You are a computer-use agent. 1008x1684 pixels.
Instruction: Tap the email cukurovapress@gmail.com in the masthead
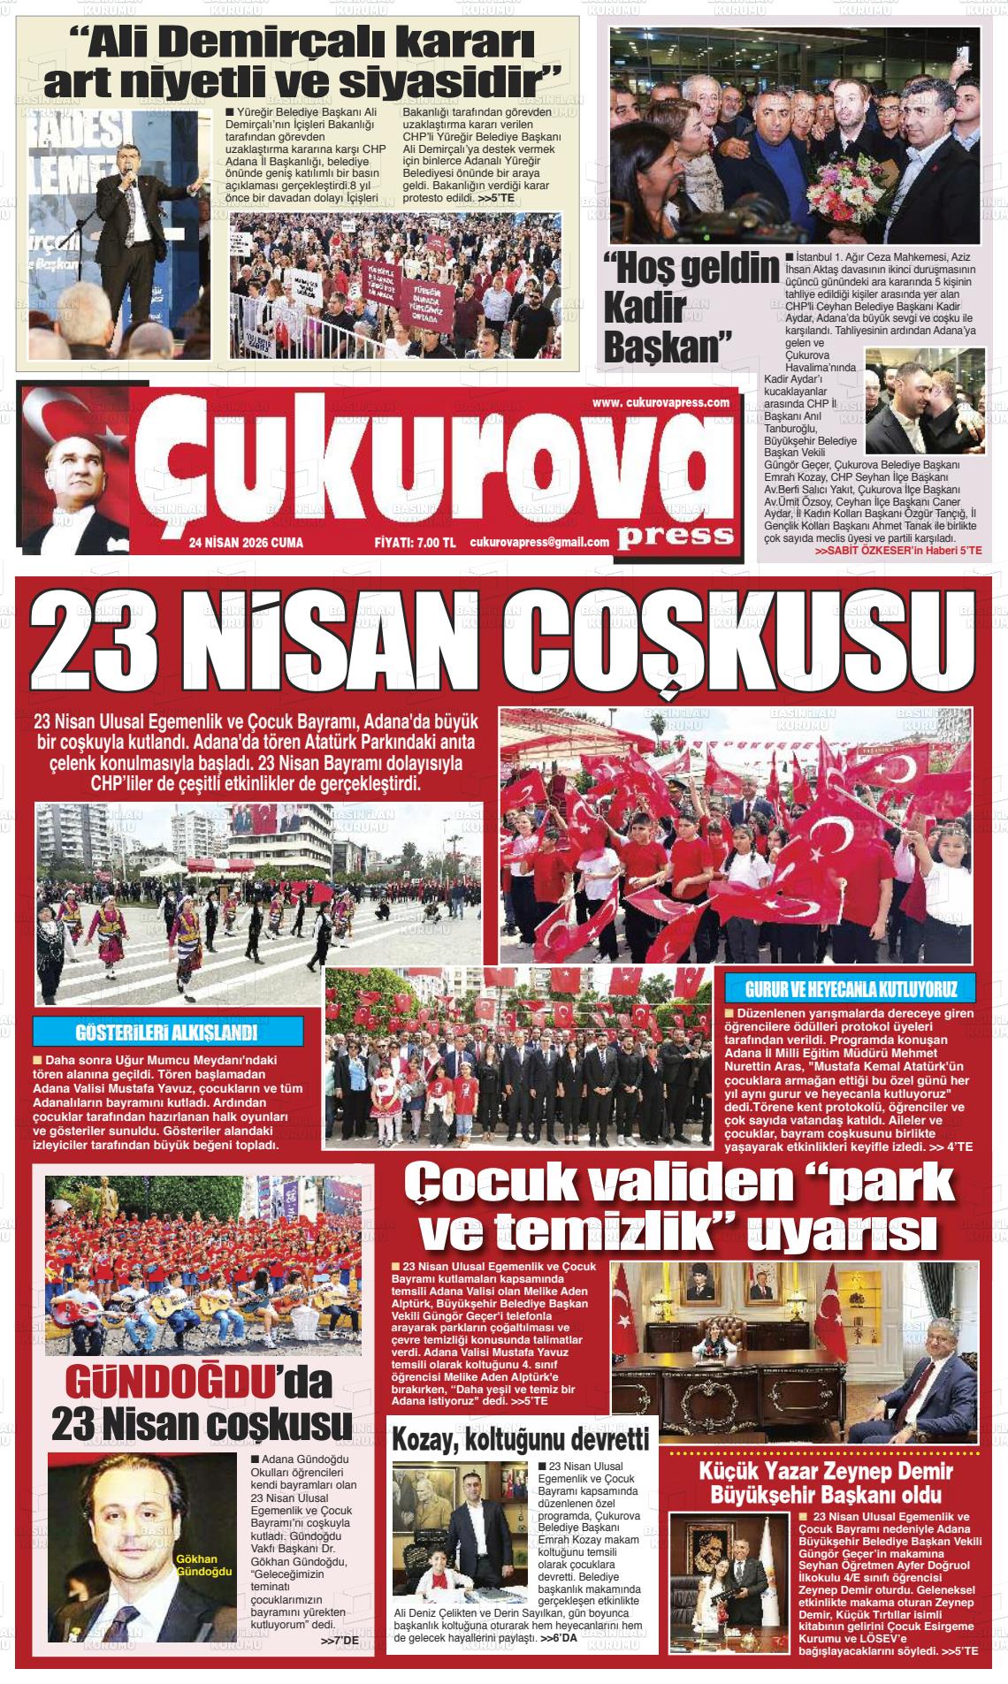click(x=539, y=543)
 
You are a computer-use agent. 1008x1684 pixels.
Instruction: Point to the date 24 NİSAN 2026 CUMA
click(x=246, y=543)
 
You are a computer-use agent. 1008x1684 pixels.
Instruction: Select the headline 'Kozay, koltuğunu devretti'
click(x=522, y=1438)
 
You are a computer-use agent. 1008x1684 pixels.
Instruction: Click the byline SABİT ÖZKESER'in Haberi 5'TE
click(x=897, y=551)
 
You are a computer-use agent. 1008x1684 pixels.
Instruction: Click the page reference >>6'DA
click(x=558, y=1638)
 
